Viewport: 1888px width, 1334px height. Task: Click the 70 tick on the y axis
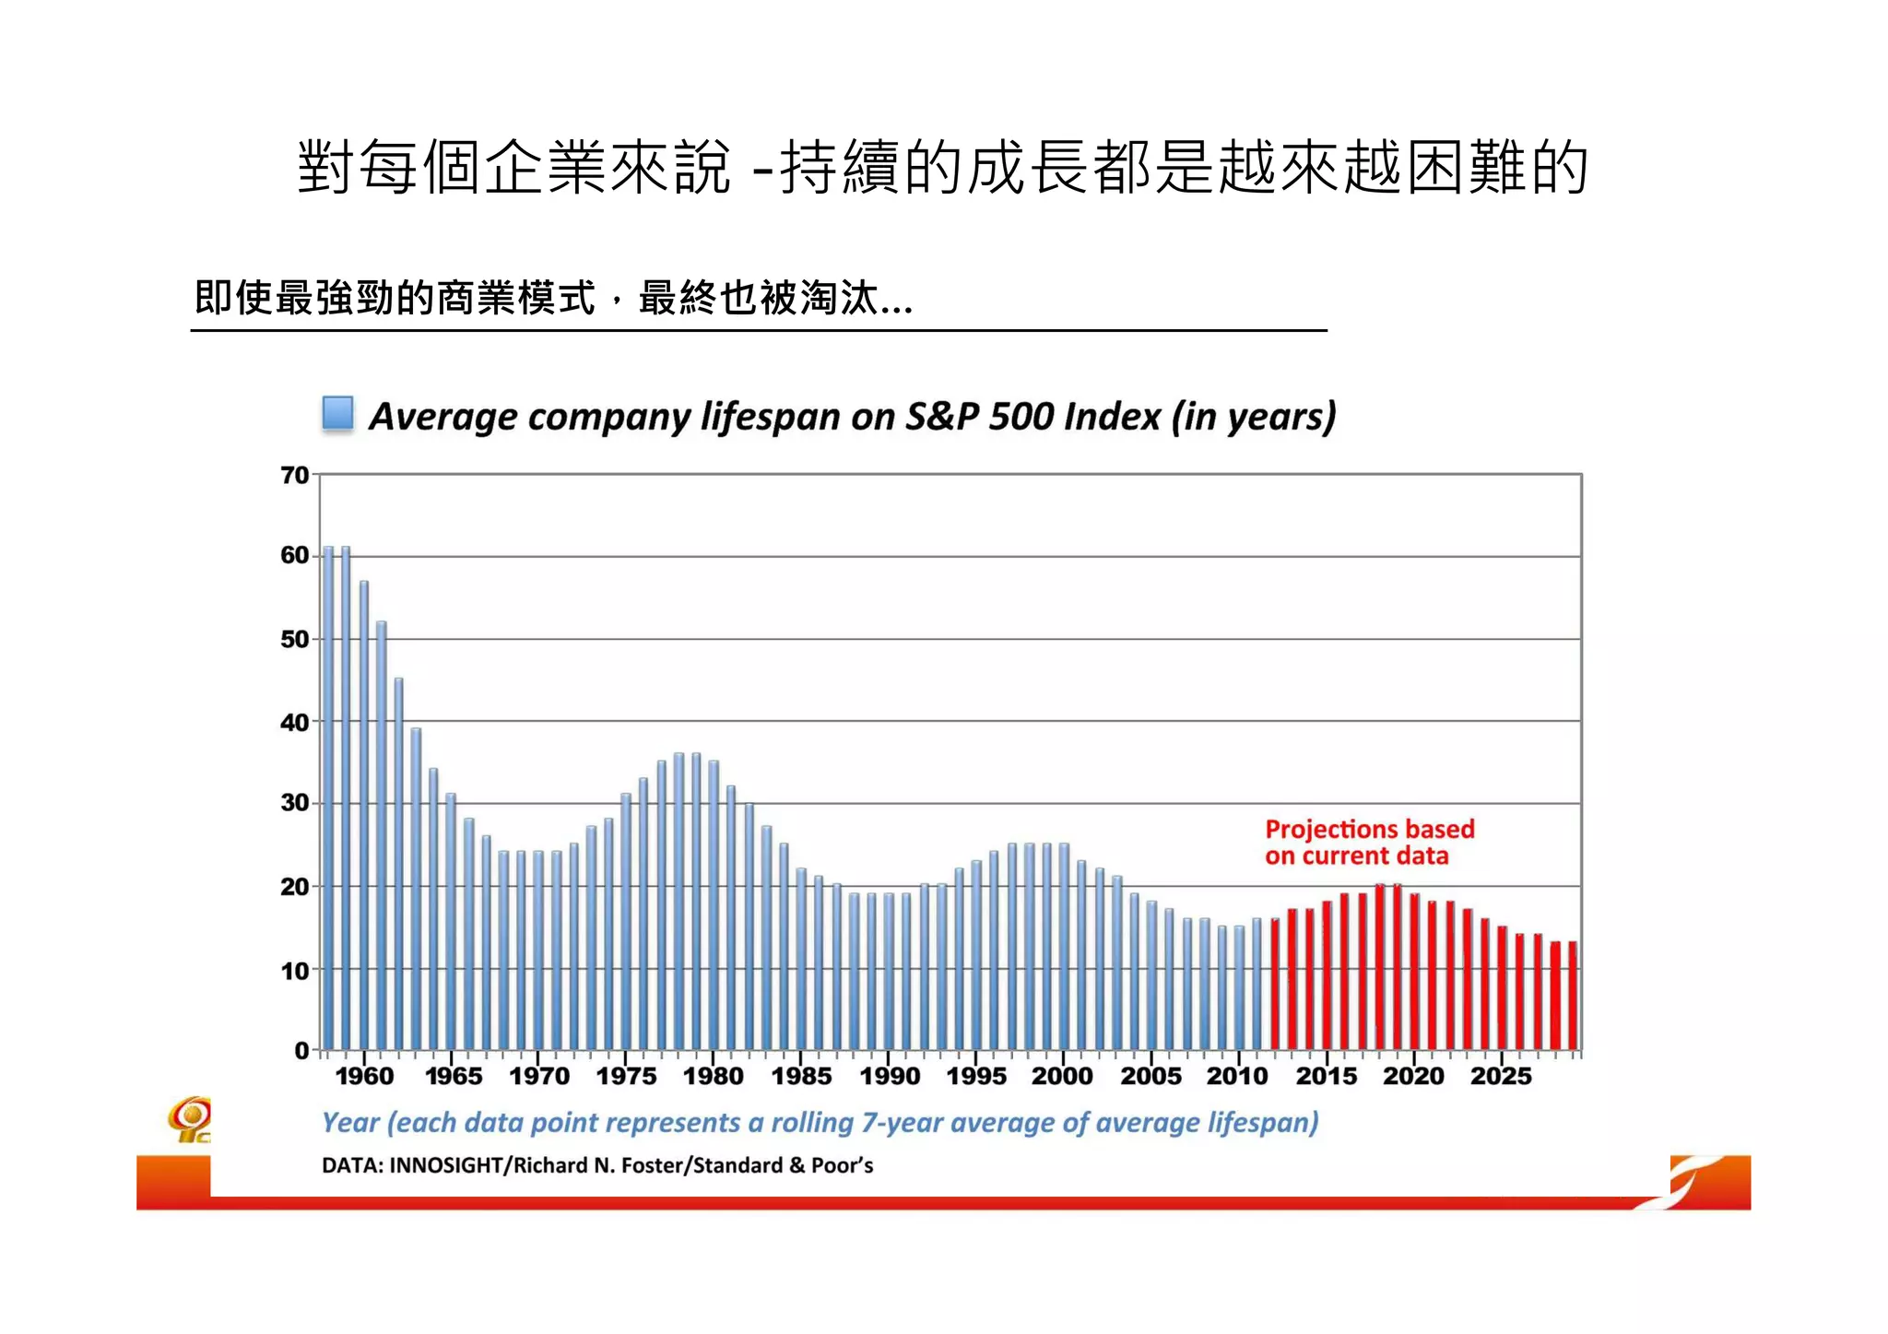(295, 476)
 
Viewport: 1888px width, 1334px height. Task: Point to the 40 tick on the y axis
(295, 722)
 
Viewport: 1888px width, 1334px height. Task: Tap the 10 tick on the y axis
(295, 971)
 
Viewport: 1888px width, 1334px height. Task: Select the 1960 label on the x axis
(364, 1076)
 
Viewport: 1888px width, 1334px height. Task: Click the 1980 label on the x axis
(713, 1076)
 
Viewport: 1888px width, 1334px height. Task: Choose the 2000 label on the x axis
(1062, 1076)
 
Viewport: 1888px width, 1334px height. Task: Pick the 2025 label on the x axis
(1501, 1076)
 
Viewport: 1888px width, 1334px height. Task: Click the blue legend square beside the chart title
(337, 413)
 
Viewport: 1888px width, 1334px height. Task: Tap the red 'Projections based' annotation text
(1369, 829)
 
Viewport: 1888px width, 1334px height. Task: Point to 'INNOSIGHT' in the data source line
(445, 1165)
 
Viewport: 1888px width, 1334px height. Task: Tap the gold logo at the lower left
(190, 1118)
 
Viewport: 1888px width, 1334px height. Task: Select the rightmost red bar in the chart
(1573, 996)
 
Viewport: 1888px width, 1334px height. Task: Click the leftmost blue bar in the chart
(328, 798)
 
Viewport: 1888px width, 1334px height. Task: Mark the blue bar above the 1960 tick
(364, 816)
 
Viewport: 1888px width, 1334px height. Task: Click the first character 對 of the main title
(326, 168)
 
